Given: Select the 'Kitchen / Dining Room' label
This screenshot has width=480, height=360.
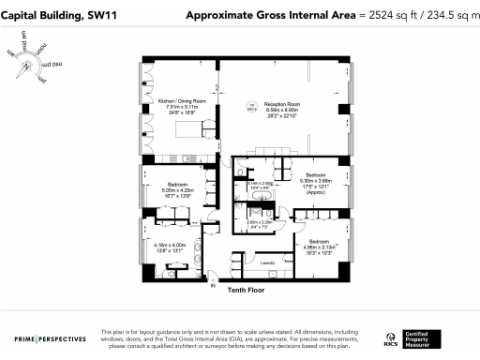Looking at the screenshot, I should coord(181,99).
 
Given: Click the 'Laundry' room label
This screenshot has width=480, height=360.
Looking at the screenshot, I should coord(265,263).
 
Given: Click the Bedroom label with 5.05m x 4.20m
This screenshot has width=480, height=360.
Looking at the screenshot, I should coord(178,185).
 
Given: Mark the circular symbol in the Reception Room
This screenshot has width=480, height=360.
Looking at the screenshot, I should coord(249,109).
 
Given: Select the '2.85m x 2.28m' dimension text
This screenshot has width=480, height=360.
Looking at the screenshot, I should coord(259,222).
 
